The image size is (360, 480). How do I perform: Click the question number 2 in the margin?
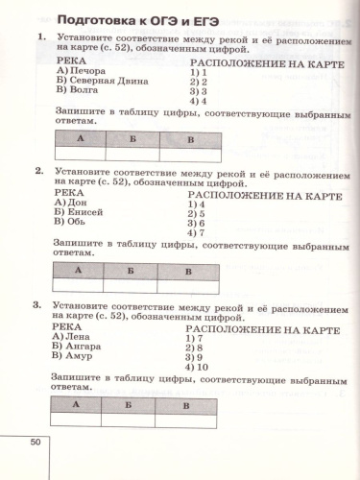tap(37, 171)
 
